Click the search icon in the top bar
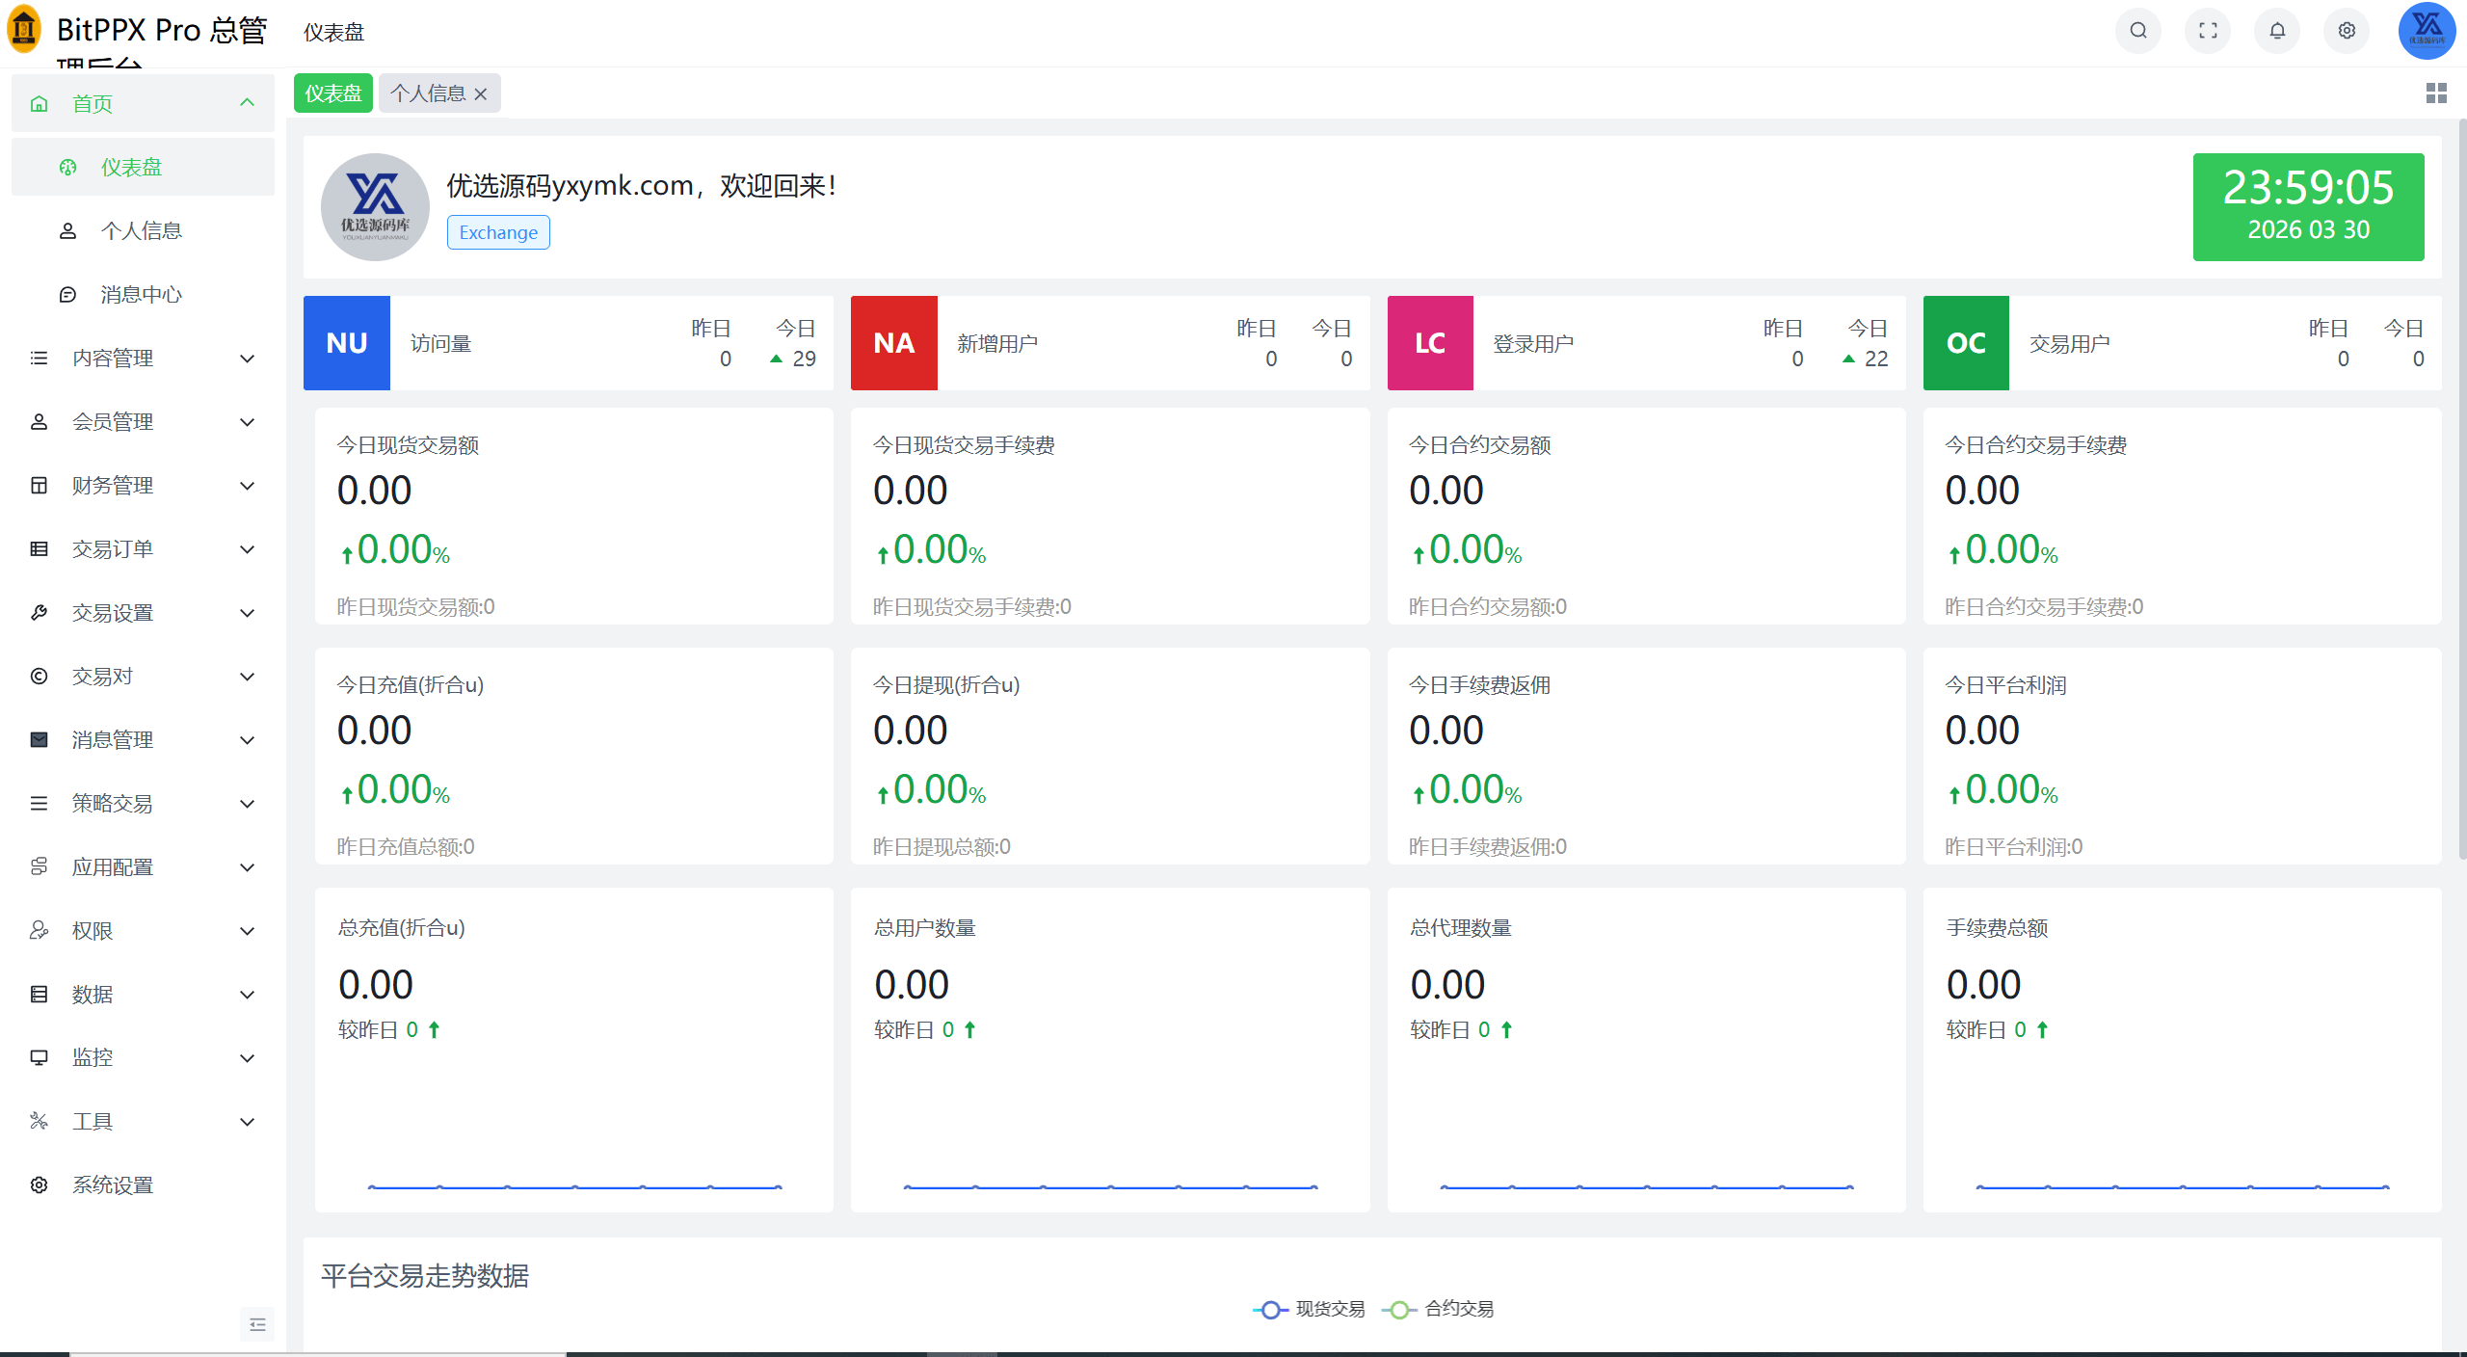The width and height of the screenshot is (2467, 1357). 2137,31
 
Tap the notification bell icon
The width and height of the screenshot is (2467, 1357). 2277,31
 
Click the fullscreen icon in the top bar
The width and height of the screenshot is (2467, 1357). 2208,31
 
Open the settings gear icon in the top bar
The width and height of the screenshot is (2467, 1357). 2347,31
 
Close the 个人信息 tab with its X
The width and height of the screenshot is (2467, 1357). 481,93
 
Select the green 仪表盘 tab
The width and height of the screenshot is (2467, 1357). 333,93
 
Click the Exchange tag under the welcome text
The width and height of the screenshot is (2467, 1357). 498,232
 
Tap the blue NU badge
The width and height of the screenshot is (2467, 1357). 347,343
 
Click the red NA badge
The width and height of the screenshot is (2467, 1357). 894,343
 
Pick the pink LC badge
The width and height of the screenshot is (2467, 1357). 1430,343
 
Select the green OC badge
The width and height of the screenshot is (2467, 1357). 1966,343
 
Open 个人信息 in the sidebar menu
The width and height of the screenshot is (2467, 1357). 142,231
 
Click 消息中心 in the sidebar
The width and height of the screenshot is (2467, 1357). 142,295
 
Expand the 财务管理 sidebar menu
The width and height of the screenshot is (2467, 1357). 143,486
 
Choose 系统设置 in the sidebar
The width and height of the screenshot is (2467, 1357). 113,1185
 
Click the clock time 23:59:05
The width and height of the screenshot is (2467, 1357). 2308,187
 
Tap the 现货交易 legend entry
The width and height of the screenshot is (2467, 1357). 1309,1309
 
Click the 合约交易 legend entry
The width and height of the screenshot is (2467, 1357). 1438,1309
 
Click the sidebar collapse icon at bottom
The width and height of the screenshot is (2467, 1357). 257,1324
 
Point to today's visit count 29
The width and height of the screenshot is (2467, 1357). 804,359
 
